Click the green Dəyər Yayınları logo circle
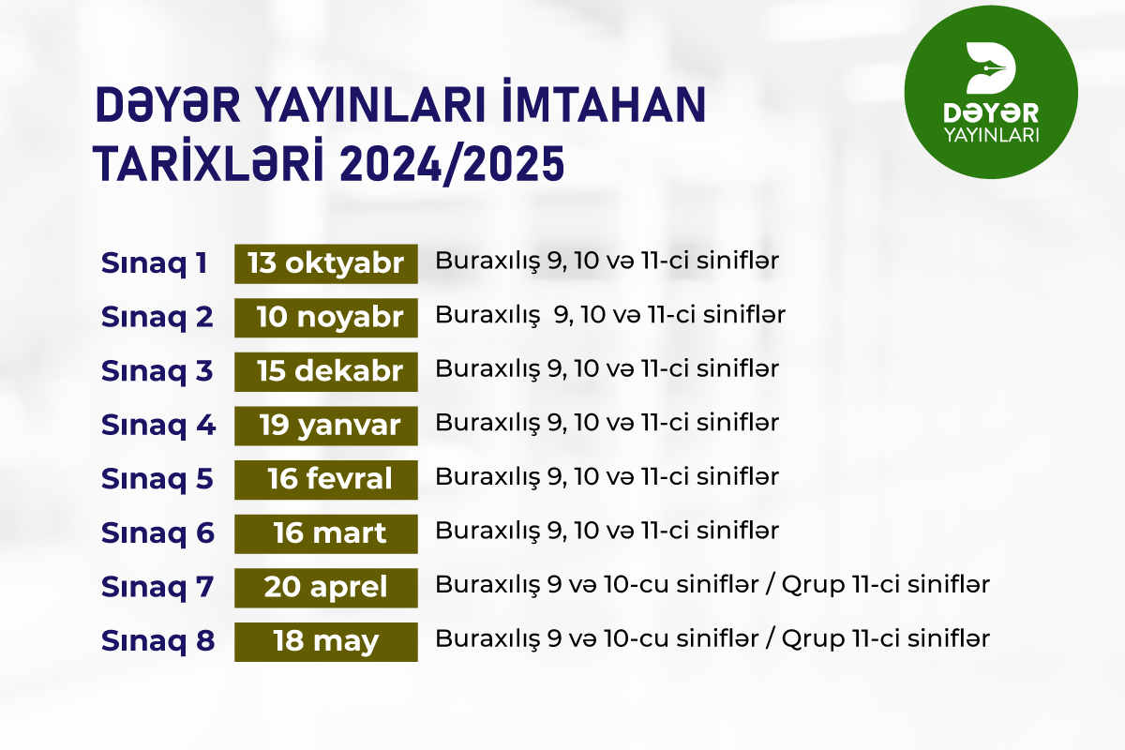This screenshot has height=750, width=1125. tap(991, 92)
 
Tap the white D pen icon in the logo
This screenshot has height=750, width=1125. tap(990, 67)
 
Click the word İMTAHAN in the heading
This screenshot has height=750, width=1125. tap(604, 101)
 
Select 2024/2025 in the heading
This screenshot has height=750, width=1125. tap(452, 164)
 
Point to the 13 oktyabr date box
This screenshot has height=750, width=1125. tap(326, 263)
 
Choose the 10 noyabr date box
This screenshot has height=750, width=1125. tap(326, 318)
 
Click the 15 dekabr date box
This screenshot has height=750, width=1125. tap(326, 372)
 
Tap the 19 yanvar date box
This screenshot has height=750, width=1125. tap(326, 426)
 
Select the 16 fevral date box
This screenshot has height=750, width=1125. tap(326, 480)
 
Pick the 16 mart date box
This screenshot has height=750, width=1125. tap(326, 533)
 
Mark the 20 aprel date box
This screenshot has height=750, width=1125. tap(326, 588)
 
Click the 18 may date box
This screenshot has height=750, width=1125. tap(326, 641)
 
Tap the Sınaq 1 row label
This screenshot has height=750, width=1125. tap(154, 263)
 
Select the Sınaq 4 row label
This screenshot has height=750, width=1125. tap(158, 426)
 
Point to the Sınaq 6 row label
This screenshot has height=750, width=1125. tap(157, 533)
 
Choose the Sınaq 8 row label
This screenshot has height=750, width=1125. tap(157, 641)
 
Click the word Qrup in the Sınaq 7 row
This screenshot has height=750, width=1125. tap(813, 586)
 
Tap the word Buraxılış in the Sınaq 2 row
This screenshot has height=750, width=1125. tap(487, 316)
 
